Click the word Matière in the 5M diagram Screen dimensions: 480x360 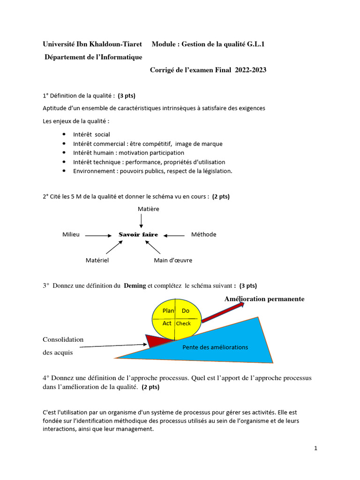(149, 209)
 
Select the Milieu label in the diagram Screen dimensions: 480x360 (71, 234)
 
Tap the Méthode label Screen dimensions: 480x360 (203, 234)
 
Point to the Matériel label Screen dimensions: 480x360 (97, 260)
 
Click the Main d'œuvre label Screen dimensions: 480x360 (173, 260)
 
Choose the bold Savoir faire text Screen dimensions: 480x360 (138, 234)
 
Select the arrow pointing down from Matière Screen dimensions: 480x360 (141, 221)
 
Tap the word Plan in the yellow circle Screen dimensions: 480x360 (168, 311)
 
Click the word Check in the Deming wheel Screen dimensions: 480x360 (183, 323)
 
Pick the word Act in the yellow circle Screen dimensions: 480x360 (167, 323)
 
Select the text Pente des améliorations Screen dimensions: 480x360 (215, 347)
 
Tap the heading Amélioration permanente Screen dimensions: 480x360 (264, 299)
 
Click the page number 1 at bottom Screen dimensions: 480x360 (316, 448)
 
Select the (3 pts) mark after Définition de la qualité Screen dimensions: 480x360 (127, 96)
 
